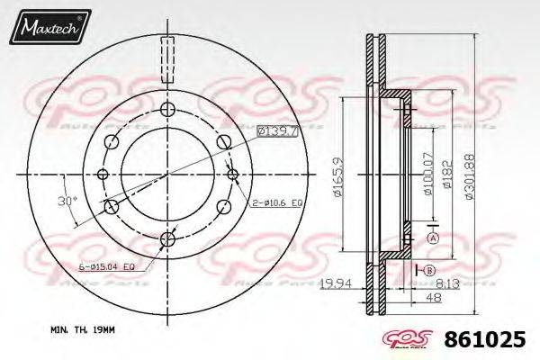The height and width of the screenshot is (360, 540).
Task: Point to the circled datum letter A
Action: (x=433, y=238)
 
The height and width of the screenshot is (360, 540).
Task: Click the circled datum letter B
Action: (x=430, y=270)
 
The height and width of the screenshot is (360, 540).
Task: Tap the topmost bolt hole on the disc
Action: (x=168, y=110)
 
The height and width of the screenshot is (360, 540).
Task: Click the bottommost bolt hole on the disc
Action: (x=168, y=238)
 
